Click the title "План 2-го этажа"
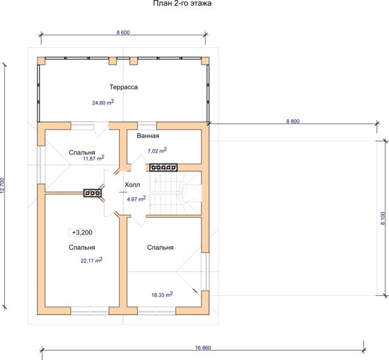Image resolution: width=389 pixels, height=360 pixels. point(182,3)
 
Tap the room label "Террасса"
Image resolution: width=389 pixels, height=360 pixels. point(123,87)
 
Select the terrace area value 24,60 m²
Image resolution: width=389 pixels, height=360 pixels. point(103,102)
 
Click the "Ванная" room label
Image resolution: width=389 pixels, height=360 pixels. point(148,136)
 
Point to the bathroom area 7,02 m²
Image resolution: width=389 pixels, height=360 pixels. point(157,150)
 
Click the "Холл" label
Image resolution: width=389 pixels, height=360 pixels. point(132,185)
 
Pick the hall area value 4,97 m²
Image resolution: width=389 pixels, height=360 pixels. point(136,199)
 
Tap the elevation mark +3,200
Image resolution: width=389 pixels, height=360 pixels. point(82,233)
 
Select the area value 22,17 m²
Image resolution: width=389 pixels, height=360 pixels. point(92,260)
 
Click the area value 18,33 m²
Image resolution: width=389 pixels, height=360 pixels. point(162,295)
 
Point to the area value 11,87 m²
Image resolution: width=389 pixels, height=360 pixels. point(94,158)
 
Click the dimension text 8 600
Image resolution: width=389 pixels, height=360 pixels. point(123,32)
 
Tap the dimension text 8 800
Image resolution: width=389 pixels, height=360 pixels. point(293,121)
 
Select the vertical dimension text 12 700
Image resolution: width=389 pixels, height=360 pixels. point(2,185)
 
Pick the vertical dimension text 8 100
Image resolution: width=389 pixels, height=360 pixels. point(383,218)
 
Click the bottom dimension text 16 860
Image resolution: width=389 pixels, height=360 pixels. point(203,348)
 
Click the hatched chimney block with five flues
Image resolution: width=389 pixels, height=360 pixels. point(163,167)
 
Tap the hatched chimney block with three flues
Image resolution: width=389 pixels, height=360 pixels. point(92,193)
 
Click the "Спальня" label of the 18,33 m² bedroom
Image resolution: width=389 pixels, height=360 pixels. point(160,247)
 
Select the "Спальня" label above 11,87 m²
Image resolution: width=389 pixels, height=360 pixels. point(82,152)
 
